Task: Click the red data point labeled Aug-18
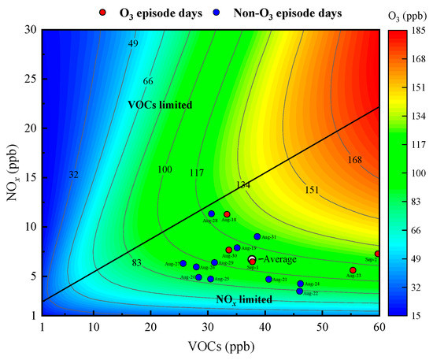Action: [x=227, y=214]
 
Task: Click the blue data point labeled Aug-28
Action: [x=211, y=213]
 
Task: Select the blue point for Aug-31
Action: [x=257, y=236]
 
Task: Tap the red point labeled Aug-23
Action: [x=353, y=270]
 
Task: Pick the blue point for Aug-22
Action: [x=299, y=291]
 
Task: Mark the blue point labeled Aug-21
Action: [x=268, y=279]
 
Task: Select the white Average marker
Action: [x=251, y=259]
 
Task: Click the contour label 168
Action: [x=355, y=160]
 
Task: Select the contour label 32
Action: [x=73, y=174]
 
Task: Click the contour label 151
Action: [x=312, y=190]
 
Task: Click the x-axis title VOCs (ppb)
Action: [x=209, y=346]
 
